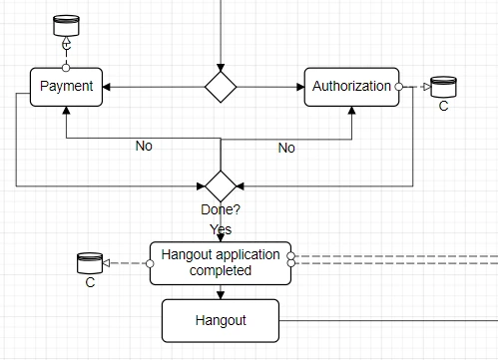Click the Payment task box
click(66, 87)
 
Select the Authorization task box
click(351, 87)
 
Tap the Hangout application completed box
click(221, 263)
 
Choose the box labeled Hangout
click(221, 320)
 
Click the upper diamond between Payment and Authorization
click(221, 87)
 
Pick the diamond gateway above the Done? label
click(221, 185)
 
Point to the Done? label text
click(221, 210)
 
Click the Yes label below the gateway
click(221, 229)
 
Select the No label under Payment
click(144, 147)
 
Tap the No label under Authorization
click(286, 148)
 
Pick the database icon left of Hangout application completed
click(90, 263)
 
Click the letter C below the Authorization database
click(443, 106)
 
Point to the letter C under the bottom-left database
click(90, 283)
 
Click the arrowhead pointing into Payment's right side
click(107, 87)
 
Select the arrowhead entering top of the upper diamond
click(221, 66)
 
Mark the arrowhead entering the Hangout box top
click(221, 294)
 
